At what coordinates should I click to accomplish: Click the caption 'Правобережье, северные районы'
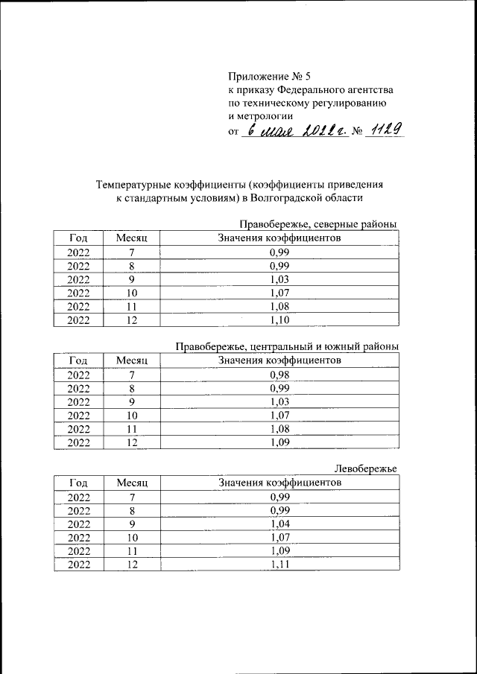point(318,224)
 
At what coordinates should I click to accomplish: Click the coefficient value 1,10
point(279,320)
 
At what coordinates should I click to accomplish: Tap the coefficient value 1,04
point(279,524)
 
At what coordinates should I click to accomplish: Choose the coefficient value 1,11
point(279,565)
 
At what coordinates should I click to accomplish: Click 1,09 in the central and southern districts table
point(279,442)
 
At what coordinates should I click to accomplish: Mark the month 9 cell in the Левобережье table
point(132,524)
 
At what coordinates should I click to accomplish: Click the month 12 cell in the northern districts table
point(132,320)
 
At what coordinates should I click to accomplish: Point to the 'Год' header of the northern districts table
point(78,238)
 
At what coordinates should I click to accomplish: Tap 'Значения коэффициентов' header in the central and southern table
point(279,360)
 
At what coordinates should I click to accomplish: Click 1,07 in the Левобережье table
point(279,537)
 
